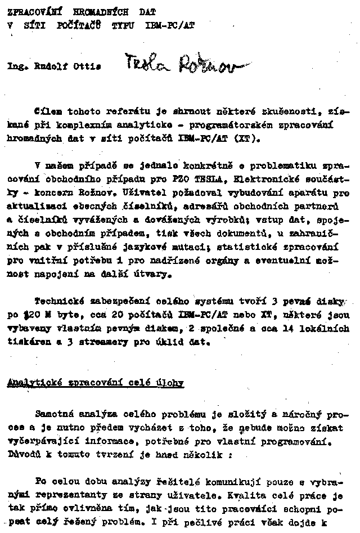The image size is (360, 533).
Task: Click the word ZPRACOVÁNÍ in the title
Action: pyautogui.click(x=28, y=11)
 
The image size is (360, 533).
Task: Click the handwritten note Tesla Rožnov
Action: pyautogui.click(x=180, y=65)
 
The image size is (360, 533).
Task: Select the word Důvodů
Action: pyautogui.click(x=23, y=453)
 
